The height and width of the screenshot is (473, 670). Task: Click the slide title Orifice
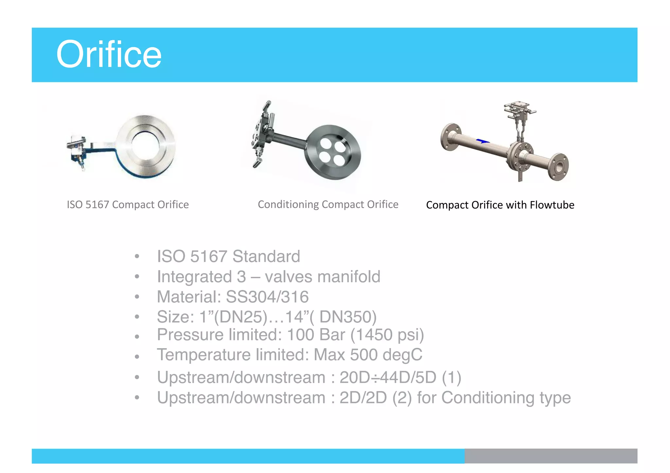[109, 54]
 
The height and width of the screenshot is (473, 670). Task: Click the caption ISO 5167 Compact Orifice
[128, 205]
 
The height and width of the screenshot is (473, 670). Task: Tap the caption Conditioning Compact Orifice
[328, 204]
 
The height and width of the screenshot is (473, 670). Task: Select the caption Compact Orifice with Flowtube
[500, 205]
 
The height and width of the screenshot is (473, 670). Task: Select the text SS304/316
[267, 297]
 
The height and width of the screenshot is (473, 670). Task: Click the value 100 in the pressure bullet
[300, 335]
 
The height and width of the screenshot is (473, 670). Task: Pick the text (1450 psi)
[387, 335]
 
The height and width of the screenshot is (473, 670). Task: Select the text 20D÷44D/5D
[388, 378]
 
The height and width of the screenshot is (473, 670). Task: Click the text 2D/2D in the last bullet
[363, 398]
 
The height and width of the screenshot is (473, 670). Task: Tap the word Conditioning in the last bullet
[488, 398]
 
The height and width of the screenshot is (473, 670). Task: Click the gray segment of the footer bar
[551, 456]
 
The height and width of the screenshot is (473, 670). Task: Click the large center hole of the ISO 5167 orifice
[145, 145]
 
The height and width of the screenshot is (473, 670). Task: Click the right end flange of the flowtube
[558, 167]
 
